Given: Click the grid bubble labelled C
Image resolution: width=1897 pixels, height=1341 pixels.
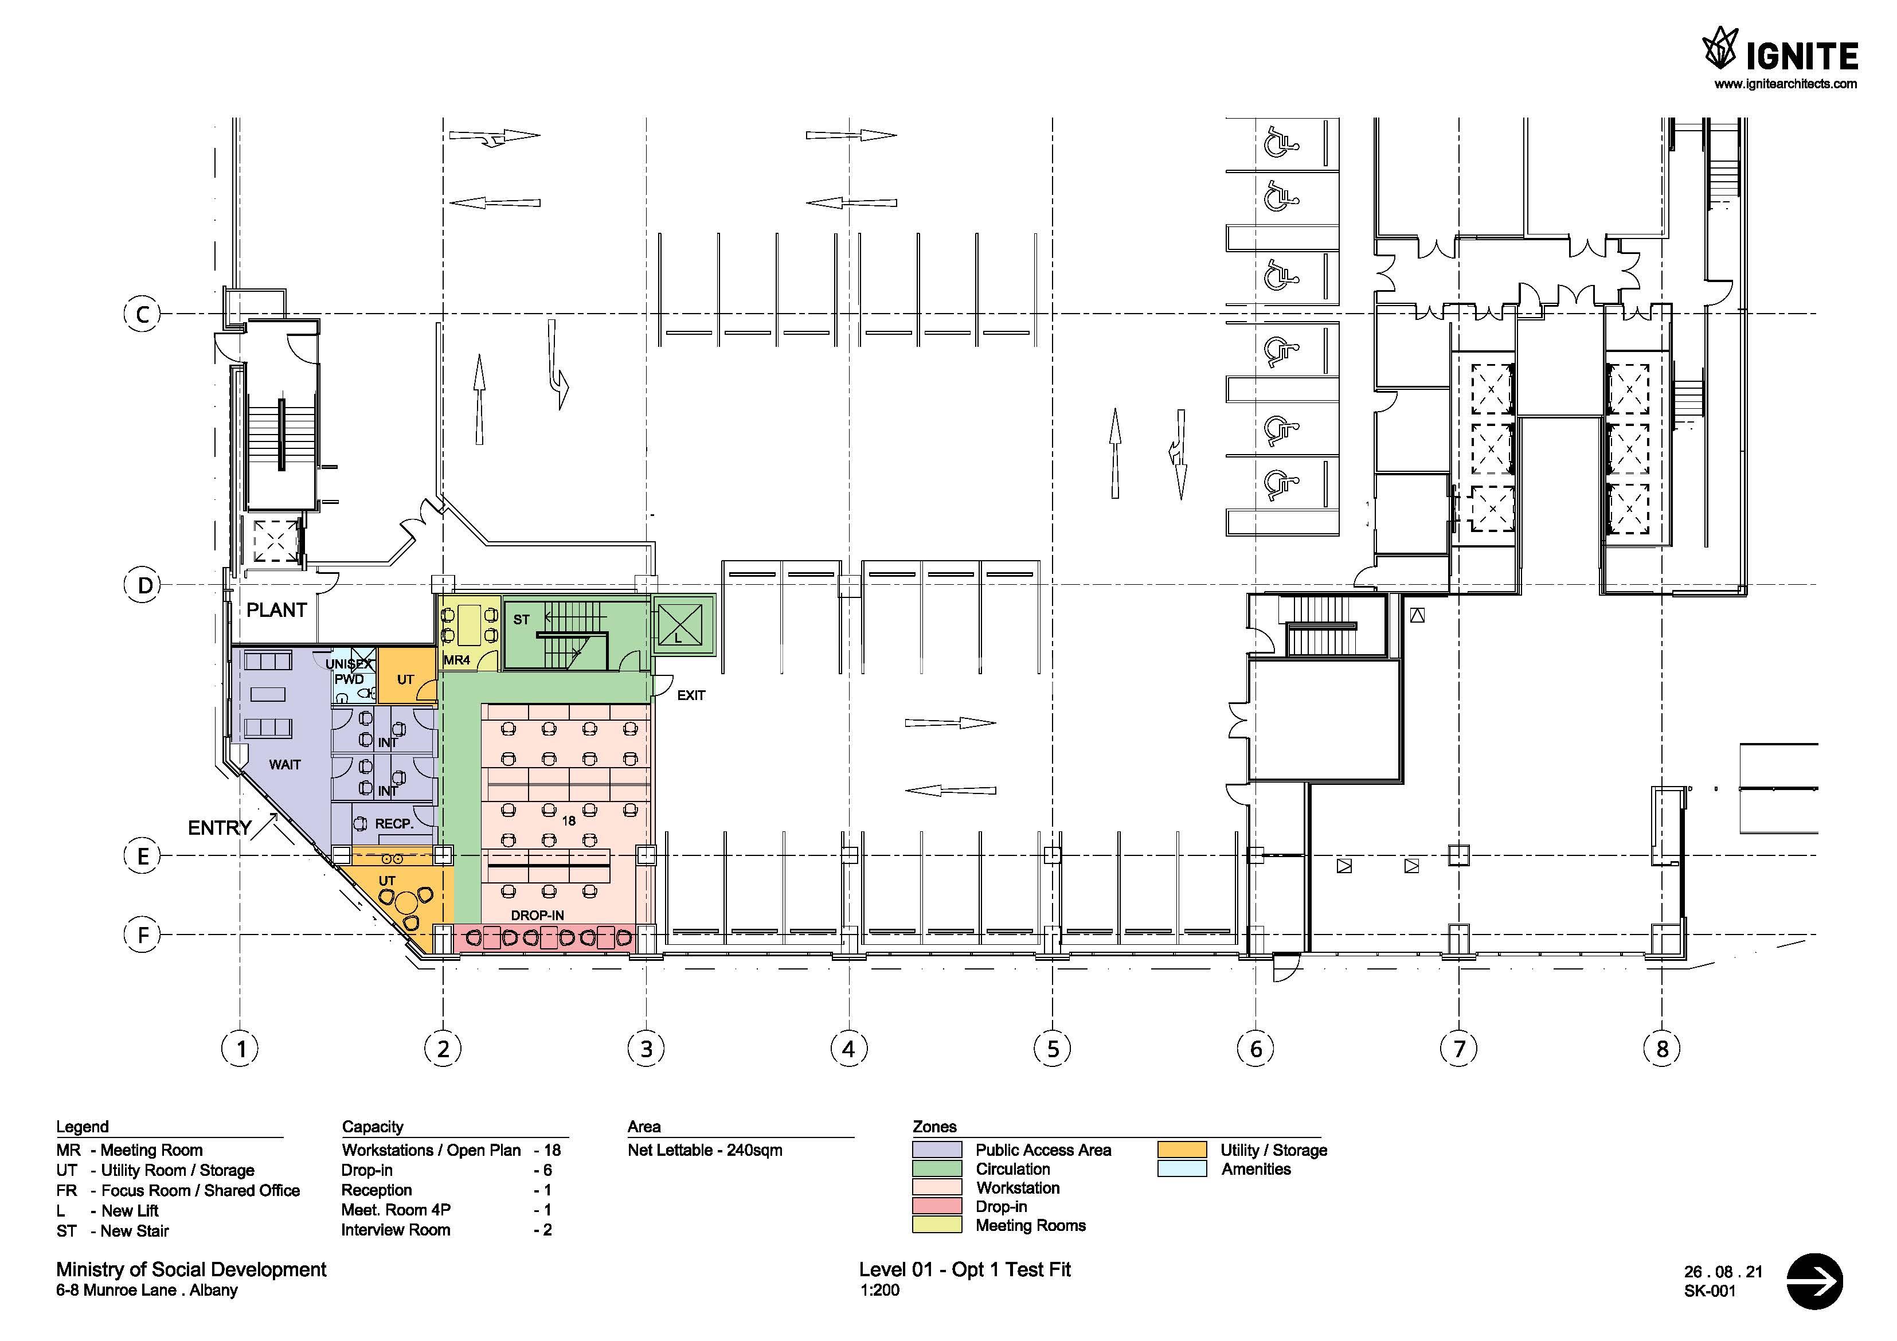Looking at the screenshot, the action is (x=142, y=314).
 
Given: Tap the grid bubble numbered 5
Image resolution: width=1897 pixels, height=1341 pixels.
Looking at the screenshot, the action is (x=1053, y=1049).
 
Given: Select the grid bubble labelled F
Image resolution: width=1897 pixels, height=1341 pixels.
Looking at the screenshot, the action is (x=142, y=935).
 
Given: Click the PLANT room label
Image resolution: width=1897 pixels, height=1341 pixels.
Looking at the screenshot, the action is (x=277, y=610).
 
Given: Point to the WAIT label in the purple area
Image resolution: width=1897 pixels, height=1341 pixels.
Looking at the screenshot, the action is (x=285, y=764).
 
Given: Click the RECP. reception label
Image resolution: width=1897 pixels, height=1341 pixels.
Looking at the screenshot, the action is (x=394, y=824).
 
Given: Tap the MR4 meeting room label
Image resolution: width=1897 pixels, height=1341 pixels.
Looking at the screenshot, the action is (x=457, y=660).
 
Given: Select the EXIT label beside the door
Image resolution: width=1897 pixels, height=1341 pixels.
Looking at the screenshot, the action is (x=691, y=695).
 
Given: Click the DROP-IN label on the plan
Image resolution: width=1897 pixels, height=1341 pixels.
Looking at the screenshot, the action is (x=538, y=916).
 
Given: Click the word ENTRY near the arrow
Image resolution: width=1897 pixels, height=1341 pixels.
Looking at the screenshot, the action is (x=220, y=827).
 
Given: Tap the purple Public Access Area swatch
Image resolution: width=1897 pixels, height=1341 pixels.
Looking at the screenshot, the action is (x=937, y=1150).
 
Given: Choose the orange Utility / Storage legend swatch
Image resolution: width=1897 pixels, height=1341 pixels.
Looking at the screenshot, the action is (x=1182, y=1150).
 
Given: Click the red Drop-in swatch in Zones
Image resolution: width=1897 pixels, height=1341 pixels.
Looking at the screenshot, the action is (x=937, y=1206).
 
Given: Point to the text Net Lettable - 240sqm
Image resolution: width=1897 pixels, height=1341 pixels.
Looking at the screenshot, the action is (x=705, y=1150).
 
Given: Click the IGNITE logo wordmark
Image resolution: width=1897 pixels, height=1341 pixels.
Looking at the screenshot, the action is (x=1801, y=57).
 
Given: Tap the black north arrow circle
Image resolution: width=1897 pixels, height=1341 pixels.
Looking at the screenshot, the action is (x=1814, y=1281).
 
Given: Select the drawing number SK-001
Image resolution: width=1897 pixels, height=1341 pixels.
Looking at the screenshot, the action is (x=1710, y=1291).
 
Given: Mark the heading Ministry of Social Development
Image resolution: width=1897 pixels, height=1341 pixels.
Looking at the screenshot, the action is (x=191, y=1269).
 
